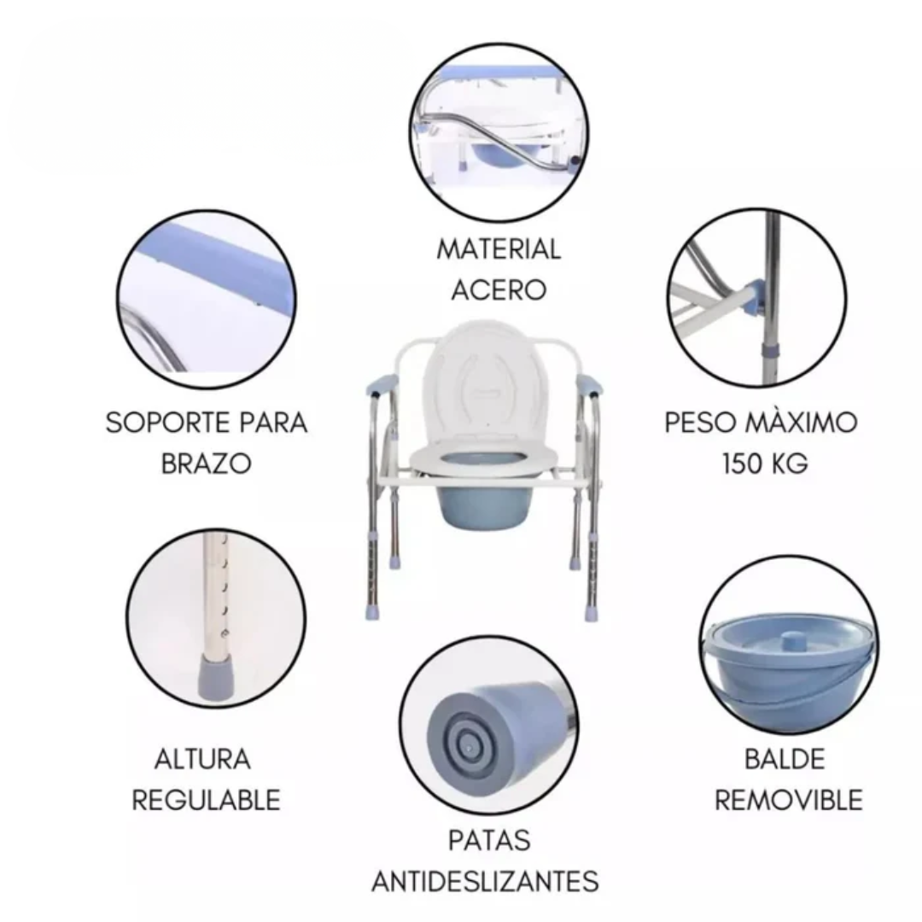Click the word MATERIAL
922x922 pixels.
[499, 249]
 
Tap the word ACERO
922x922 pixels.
[499, 290]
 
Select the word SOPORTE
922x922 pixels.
[166, 423]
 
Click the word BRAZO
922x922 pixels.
[207, 464]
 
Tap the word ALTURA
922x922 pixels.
[203, 759]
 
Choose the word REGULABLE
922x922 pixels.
[206, 800]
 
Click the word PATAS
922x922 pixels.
[489, 840]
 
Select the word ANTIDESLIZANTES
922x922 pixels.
[486, 881]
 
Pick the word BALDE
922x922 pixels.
[785, 759]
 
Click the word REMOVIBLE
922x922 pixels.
[789, 800]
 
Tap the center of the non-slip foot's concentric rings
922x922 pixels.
[468, 745]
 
